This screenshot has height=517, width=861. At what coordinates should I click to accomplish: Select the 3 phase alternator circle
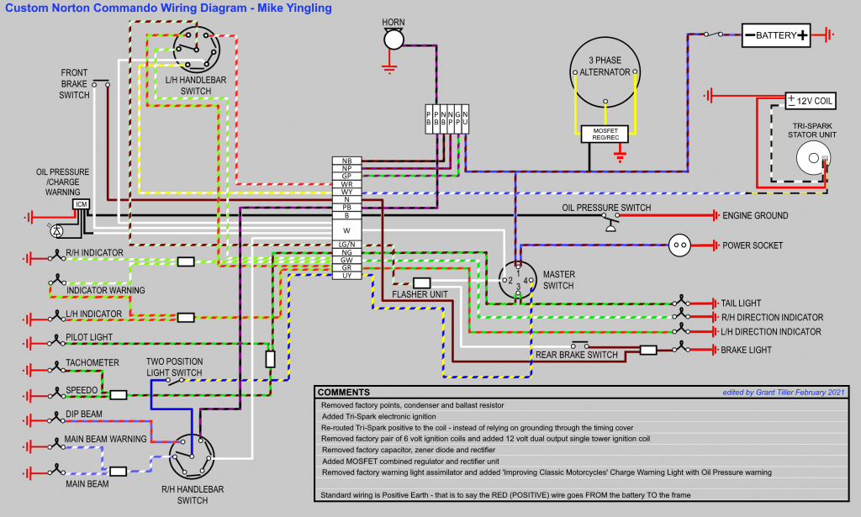coord(605,73)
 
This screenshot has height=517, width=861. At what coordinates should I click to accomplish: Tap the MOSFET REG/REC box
coord(605,133)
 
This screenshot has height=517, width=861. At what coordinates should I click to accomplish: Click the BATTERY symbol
coord(776,35)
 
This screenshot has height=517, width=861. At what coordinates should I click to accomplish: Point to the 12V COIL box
coord(811,101)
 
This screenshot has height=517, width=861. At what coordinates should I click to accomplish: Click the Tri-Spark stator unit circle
coord(811,157)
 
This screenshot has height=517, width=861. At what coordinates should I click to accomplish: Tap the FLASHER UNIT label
coord(426,294)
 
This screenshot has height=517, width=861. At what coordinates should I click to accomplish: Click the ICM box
coord(82,204)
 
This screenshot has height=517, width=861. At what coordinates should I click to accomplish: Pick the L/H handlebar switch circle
coord(197,49)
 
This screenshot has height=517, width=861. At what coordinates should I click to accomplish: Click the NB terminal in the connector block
coord(346,161)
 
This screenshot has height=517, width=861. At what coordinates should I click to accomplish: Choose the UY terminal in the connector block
coord(346,276)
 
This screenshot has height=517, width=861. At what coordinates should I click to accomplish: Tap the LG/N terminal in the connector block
coord(346,245)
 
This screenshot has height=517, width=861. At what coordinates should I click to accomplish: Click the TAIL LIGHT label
coord(740,303)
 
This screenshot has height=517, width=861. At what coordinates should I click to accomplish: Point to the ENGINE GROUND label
coord(755,216)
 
